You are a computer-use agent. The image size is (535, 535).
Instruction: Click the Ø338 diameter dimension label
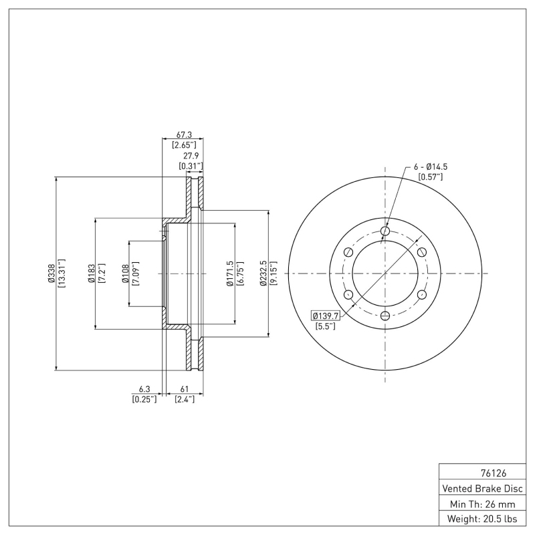(x=51, y=273)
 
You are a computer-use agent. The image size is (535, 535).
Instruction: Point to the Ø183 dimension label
(x=92, y=273)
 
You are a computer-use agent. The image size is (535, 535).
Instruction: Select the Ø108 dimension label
(x=125, y=273)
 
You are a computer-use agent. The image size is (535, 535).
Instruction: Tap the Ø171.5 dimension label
(x=230, y=273)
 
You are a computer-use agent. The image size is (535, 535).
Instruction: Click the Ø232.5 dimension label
(x=263, y=273)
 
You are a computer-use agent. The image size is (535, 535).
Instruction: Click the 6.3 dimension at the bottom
(x=144, y=389)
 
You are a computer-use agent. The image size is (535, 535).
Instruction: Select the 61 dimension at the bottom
(x=184, y=389)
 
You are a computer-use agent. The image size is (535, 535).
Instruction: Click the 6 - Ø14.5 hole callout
(x=431, y=167)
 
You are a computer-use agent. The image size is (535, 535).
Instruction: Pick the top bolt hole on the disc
(x=385, y=231)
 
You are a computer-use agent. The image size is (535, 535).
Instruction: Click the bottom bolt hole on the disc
(x=385, y=316)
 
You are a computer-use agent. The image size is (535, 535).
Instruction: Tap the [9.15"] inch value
(x=273, y=273)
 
